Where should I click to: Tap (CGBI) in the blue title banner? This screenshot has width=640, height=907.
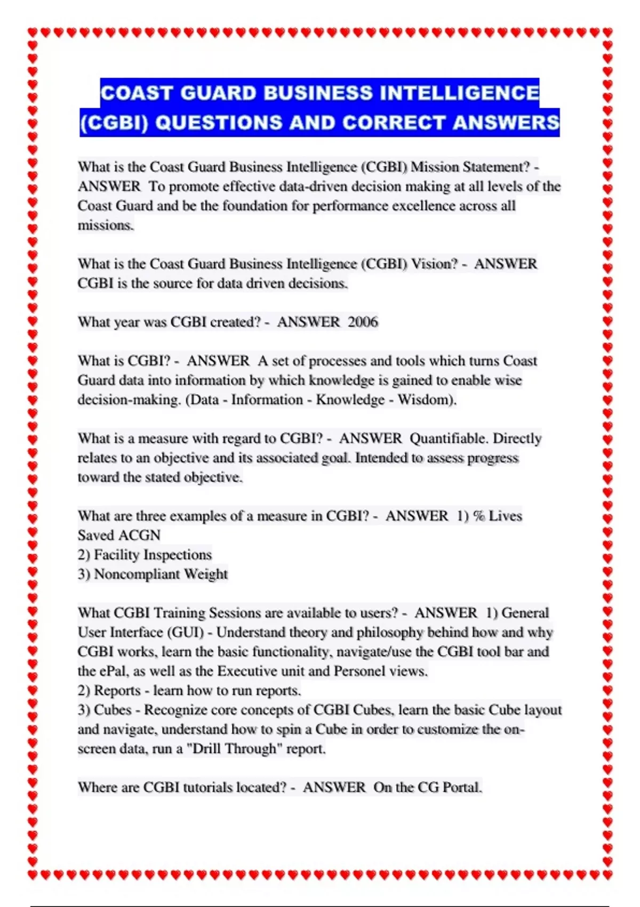114,123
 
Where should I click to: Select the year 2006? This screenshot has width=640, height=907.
363,322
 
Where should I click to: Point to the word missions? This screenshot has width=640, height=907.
106,225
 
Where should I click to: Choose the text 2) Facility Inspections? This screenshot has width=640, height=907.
145,555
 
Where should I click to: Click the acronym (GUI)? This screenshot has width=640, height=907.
186,632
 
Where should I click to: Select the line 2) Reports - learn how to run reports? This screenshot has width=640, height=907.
189,690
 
